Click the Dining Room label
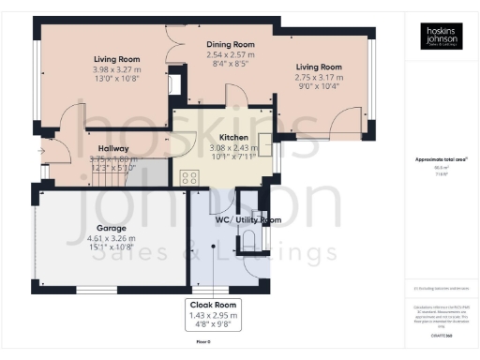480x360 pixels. [231, 43]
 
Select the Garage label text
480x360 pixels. [112, 227]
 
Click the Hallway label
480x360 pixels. [113, 148]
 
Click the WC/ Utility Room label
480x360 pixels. [247, 220]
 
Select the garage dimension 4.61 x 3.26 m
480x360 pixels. [112, 238]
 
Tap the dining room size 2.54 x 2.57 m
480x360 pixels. [231, 55]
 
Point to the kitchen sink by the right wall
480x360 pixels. [264, 147]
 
